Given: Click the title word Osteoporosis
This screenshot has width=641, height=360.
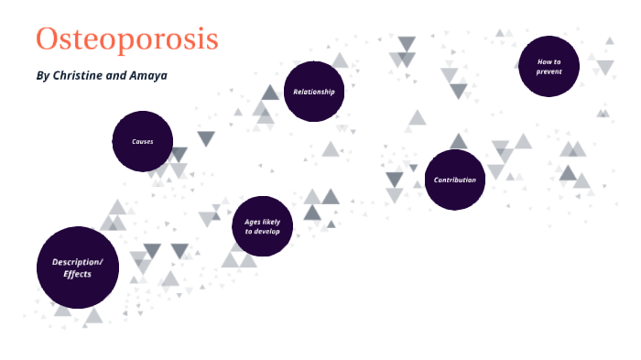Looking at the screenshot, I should pyautogui.click(x=127, y=39).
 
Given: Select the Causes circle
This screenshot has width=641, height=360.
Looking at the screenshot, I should pyautogui.click(x=143, y=142).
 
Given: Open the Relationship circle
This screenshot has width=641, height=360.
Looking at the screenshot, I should pyautogui.click(x=313, y=92).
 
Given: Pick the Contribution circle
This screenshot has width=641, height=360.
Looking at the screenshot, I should pyautogui.click(x=455, y=180).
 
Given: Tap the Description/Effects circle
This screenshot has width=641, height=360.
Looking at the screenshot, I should pyautogui.click(x=78, y=267).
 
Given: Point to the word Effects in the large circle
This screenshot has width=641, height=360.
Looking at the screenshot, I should pyautogui.click(x=78, y=274).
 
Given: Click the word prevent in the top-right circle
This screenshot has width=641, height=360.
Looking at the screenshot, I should pyautogui.click(x=549, y=71).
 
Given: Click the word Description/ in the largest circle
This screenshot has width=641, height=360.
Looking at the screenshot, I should pyautogui.click(x=78, y=261).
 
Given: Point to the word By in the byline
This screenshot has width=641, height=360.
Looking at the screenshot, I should pyautogui.click(x=42, y=75).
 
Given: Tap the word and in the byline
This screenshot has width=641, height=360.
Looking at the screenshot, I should pyautogui.click(x=116, y=75).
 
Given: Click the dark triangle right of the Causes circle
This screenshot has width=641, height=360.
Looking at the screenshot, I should pyautogui.click(x=206, y=138).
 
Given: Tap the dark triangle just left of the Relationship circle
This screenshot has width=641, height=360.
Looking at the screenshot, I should pyautogui.click(x=270, y=93).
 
